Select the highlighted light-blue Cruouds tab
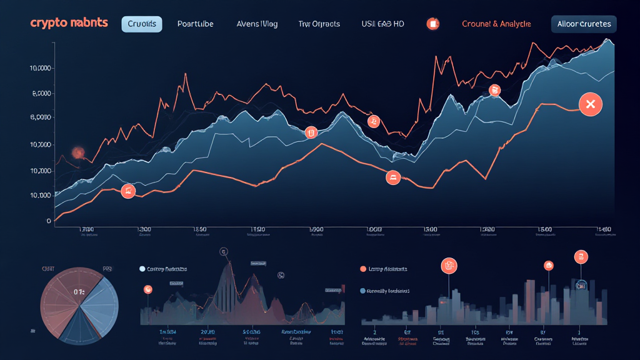[141, 24]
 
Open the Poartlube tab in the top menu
[195, 24]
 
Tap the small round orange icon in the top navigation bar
[432, 24]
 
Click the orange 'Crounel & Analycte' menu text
[496, 24]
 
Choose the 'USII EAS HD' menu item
[382, 24]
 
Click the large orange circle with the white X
[590, 104]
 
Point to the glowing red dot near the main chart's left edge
[79, 152]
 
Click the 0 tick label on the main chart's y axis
[49, 221]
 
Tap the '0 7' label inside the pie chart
[79, 291]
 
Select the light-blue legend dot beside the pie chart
[142, 269]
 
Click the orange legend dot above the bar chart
[363, 269]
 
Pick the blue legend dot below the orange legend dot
[363, 291]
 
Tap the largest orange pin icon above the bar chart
[449, 266]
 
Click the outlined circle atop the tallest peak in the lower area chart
[224, 251]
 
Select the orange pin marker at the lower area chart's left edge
[148, 289]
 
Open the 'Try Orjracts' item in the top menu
[319, 24]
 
